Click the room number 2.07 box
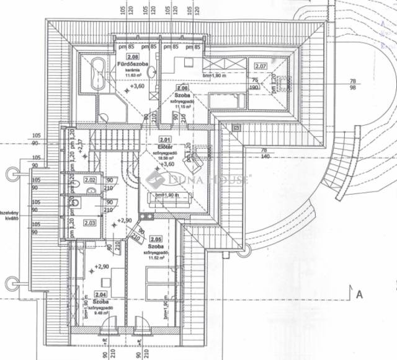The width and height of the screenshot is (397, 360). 261,66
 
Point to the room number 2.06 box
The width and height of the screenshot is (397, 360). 182,89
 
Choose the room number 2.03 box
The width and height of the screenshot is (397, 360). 89,222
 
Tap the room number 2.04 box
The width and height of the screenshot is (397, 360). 99,295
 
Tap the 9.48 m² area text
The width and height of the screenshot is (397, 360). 101,313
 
